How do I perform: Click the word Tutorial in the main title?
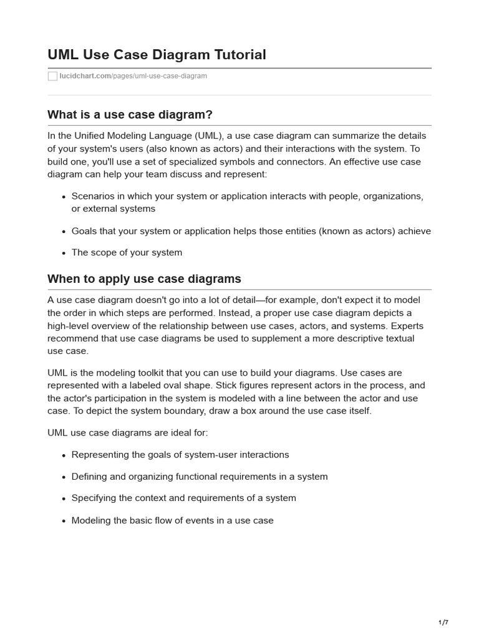[239, 55]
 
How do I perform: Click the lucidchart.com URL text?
[85, 76]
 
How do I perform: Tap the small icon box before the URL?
[52, 76]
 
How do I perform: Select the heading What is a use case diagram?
[130, 115]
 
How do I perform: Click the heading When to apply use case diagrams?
[144, 279]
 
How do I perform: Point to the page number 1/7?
[443, 622]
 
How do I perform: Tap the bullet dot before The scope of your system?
[64, 253]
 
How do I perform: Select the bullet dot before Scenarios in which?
[64, 196]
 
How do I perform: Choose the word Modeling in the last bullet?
[92, 520]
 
